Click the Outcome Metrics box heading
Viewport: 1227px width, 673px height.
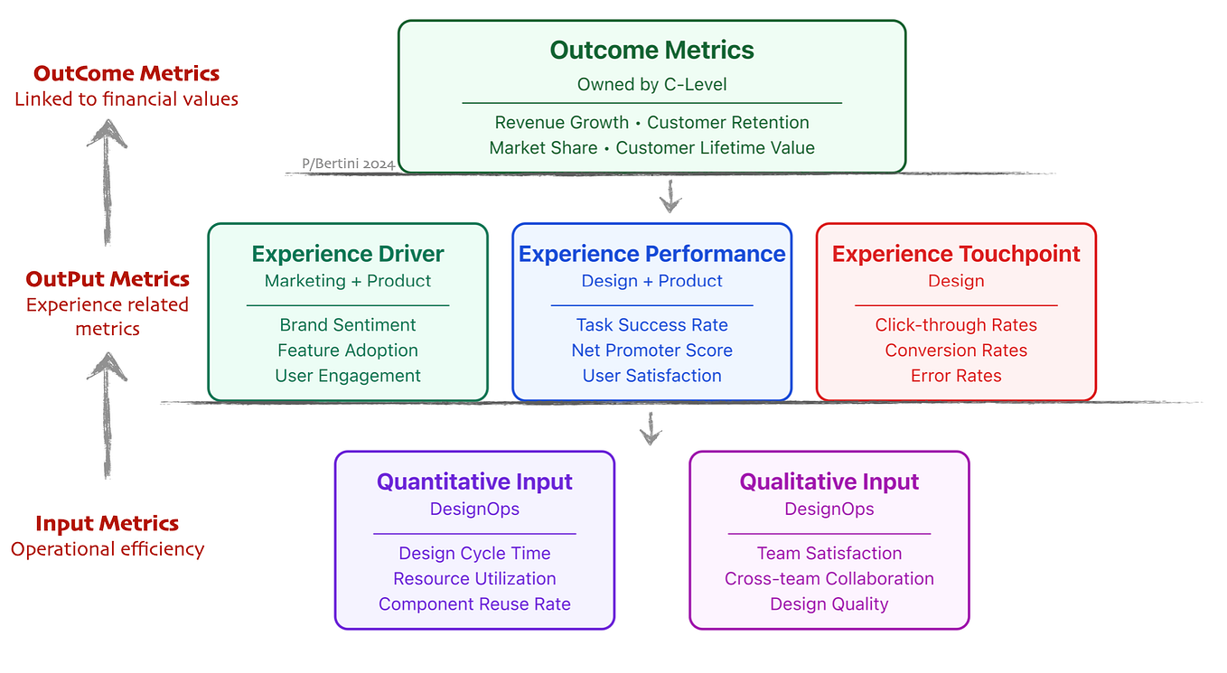click(651, 50)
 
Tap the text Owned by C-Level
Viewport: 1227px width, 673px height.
click(651, 85)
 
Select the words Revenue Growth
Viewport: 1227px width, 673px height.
click(562, 122)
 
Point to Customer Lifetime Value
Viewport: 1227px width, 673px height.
click(715, 147)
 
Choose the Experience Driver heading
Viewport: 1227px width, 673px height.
click(348, 254)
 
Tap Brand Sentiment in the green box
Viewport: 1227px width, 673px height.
click(348, 324)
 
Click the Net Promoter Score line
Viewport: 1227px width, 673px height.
click(651, 350)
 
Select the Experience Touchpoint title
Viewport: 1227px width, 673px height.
click(956, 254)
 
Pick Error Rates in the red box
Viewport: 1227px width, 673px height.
click(956, 376)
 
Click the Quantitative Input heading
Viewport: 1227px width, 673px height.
click(474, 481)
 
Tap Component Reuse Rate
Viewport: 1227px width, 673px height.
click(474, 603)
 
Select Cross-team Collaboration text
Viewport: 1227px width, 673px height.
click(829, 578)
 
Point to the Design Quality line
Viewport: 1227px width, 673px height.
click(829, 603)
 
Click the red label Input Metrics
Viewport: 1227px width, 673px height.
click(108, 523)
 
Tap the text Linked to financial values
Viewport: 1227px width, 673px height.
click(126, 99)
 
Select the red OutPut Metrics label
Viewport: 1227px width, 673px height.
click(108, 279)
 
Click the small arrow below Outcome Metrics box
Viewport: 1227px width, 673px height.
click(670, 196)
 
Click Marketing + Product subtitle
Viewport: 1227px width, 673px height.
click(348, 281)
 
